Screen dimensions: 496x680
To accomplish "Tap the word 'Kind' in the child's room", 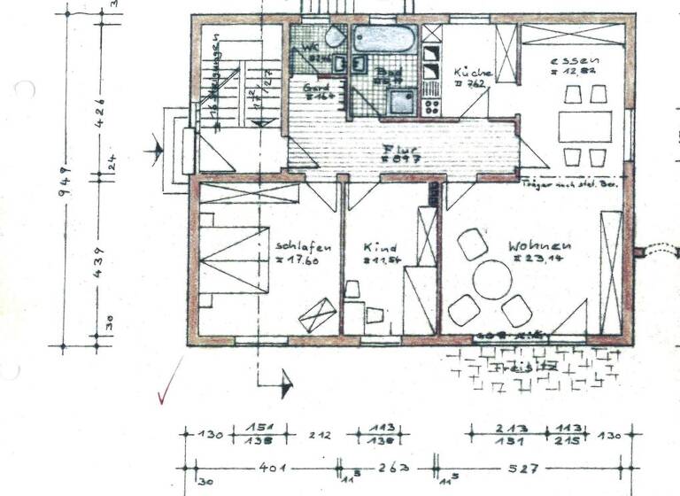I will (381, 248).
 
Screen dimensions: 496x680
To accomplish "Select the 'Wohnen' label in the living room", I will (539, 245).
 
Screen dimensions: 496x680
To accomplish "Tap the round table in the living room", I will (492, 280).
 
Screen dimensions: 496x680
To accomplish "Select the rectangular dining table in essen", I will (584, 126).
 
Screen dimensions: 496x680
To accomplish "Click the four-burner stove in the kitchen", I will (431, 106).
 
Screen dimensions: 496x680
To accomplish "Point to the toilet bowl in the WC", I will (336, 38).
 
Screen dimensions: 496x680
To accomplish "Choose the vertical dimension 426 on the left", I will (99, 111).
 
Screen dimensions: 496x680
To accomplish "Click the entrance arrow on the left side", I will (157, 151).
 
